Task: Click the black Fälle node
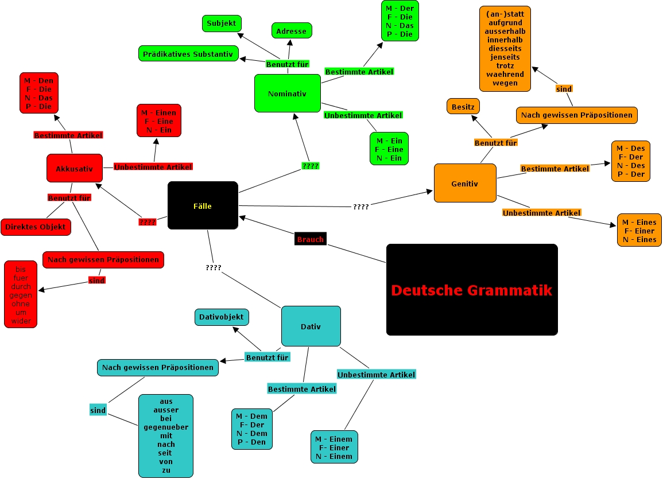coord(203,205)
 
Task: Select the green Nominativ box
coord(287,93)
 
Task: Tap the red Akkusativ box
coord(74,168)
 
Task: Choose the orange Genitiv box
coord(465,183)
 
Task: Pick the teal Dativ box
coord(311,326)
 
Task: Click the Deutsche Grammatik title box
coord(472,290)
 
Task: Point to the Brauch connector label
coord(310,239)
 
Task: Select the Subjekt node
coord(222,24)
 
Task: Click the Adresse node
coord(292,31)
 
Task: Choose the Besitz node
coord(463,106)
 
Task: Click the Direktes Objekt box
coord(36,227)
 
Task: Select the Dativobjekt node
coord(222,317)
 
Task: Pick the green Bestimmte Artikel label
coord(359,72)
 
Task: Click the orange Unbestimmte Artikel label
coord(541,213)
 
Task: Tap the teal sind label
coord(98,410)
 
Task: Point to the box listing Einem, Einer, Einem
coord(334,447)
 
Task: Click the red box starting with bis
coord(21,294)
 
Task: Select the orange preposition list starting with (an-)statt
coord(505,49)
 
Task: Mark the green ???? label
coord(310,166)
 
